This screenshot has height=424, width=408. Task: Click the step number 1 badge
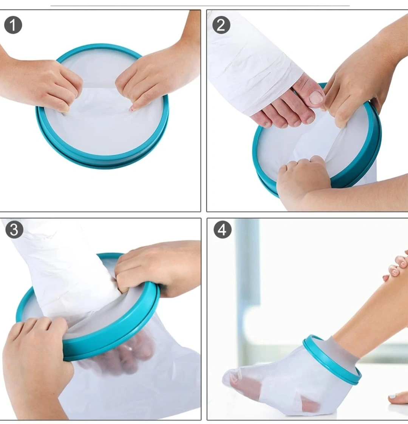point(13,25)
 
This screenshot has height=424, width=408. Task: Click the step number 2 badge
point(221,25)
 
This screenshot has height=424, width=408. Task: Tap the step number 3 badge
point(14,229)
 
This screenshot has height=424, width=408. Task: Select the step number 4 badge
point(223,229)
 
